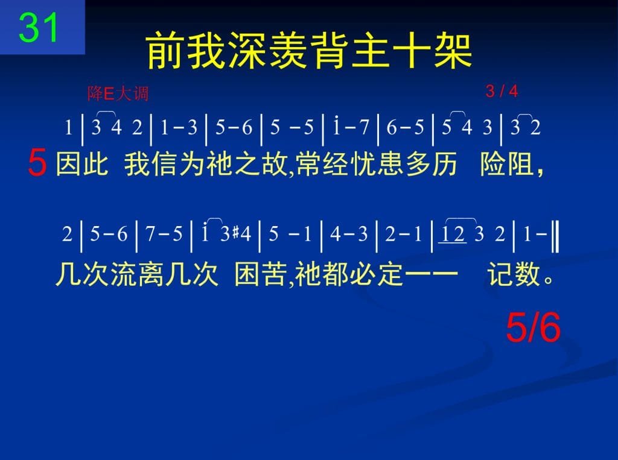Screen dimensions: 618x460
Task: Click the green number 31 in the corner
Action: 39,27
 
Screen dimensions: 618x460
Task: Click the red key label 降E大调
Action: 118,94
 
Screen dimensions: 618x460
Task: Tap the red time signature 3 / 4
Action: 502,92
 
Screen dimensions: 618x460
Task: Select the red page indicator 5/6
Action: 534,328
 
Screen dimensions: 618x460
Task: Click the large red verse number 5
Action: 37,163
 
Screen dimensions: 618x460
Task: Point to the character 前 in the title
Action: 165,51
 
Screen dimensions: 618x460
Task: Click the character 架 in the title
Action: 453,51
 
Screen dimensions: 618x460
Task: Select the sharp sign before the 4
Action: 236,233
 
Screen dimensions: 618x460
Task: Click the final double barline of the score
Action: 555,236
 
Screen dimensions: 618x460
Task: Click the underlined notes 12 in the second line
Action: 453,234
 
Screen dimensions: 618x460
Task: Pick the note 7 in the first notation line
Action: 364,127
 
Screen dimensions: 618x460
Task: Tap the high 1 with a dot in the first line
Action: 336,125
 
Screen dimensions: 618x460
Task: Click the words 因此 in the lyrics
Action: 82,164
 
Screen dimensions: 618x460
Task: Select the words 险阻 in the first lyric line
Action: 507,164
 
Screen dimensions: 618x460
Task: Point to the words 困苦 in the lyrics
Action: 261,274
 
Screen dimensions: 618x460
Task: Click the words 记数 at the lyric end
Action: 513,274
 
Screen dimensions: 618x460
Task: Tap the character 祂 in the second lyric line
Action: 308,274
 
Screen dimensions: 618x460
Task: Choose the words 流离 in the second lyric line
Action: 136,274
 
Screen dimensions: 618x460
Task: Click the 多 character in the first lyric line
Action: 418,164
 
